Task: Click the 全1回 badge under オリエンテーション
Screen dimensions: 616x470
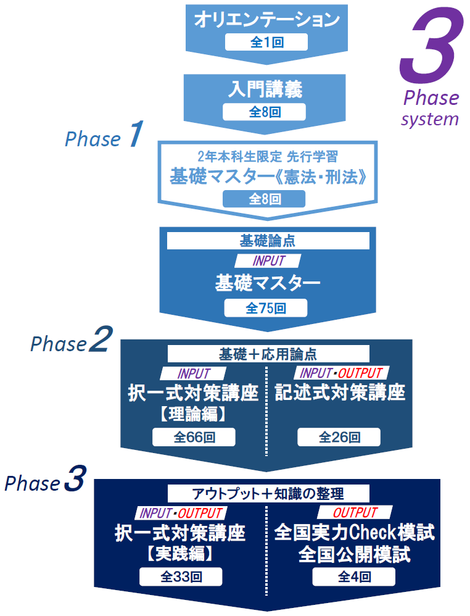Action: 266,42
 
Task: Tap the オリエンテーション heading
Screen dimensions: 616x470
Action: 266,20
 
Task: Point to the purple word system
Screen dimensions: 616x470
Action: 430,119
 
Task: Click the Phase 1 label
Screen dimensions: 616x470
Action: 104,137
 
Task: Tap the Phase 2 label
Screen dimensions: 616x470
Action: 71,343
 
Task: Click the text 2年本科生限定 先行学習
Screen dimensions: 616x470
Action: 266,157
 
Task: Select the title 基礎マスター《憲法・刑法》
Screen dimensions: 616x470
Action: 266,177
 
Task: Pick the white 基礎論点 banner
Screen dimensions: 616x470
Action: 266,240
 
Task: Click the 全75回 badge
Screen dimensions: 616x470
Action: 266,308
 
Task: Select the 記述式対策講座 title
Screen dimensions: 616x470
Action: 340,393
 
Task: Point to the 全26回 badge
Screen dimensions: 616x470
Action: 339,437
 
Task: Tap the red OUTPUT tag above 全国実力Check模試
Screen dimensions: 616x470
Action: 355,512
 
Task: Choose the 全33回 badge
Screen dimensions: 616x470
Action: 181,576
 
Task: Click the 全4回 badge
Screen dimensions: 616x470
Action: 354,576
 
